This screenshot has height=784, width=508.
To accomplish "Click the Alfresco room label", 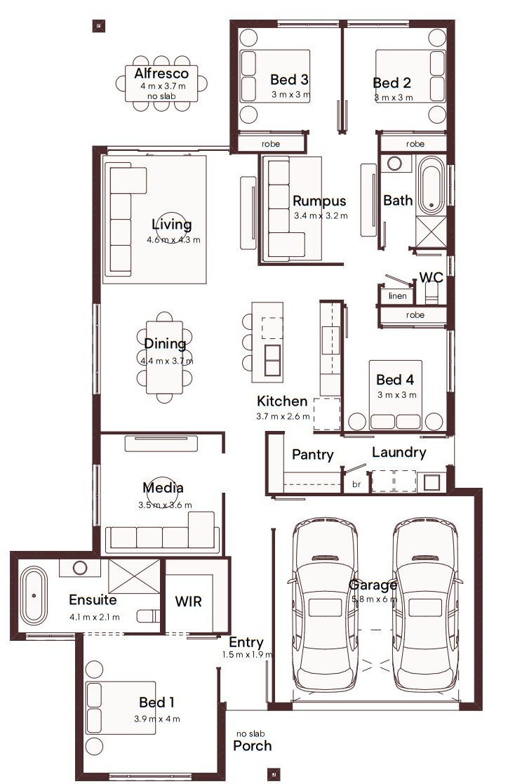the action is click(x=161, y=74).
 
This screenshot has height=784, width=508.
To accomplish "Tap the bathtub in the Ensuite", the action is click(x=34, y=595).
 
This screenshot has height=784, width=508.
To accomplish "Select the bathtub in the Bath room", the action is click(x=431, y=185).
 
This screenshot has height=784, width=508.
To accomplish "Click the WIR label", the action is click(x=189, y=602).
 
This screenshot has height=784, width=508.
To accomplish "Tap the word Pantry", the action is click(x=312, y=455).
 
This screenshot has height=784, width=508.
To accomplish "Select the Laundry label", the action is click(x=399, y=453).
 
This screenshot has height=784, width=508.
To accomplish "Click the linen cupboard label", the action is click(x=398, y=296).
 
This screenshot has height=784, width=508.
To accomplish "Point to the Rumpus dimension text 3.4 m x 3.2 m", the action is click(x=321, y=216).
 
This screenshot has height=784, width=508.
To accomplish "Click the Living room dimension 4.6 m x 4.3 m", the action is click(x=173, y=240).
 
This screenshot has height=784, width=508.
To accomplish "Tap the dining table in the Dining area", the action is click(x=164, y=357).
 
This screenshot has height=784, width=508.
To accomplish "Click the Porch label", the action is click(x=253, y=745).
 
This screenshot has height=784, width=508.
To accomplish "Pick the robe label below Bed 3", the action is click(x=271, y=144).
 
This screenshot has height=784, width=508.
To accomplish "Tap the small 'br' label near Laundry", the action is click(x=356, y=484).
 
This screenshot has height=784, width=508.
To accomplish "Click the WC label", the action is click(x=431, y=277).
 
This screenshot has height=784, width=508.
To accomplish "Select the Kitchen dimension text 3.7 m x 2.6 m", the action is click(x=283, y=416).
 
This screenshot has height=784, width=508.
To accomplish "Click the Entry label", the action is click(x=246, y=642).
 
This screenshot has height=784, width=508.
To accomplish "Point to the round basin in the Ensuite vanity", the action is click(x=80, y=568).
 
